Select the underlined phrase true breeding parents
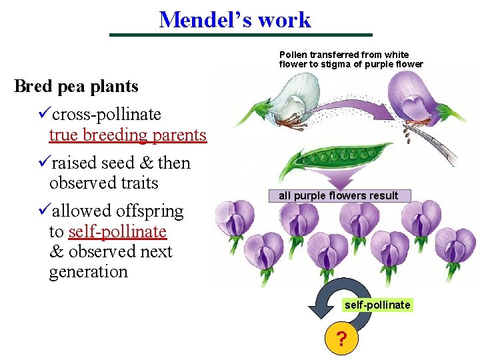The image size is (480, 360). pos(127,135)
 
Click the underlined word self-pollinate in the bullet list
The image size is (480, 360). pos(117,231)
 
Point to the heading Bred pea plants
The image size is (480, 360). pos(76,87)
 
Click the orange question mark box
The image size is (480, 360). pos(341,341)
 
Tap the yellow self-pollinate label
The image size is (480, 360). pos(377,305)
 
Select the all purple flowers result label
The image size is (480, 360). pos(338,195)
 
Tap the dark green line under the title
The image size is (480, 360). pos(241,35)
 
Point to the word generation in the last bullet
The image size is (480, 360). pos(88,272)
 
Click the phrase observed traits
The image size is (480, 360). pos(103,183)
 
